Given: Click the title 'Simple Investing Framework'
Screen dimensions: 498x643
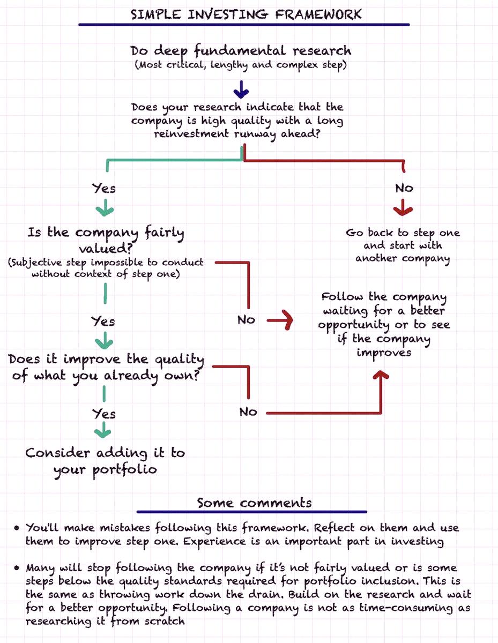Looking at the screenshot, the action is pyautogui.click(x=246, y=14).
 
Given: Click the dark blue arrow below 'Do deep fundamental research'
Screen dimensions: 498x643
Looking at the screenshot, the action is pyautogui.click(x=241, y=89).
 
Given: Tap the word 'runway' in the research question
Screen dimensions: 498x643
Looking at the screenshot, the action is pyautogui.click(x=255, y=134).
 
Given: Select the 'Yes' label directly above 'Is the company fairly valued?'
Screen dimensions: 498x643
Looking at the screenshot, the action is pyautogui.click(x=103, y=188).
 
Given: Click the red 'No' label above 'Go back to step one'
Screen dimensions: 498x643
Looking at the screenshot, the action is pyautogui.click(x=404, y=188).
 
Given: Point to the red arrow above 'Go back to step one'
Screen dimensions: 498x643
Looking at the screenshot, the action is pyautogui.click(x=403, y=207).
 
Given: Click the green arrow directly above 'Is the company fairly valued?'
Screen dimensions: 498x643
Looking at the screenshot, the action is pyautogui.click(x=105, y=208).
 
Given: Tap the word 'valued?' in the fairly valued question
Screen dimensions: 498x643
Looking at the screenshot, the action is pyautogui.click(x=106, y=249).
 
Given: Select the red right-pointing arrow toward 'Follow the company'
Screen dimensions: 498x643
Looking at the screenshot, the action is pyautogui.click(x=280, y=320).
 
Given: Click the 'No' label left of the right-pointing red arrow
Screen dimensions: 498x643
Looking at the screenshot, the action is pyautogui.click(x=246, y=320).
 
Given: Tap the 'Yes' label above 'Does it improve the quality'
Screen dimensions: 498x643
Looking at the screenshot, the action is pyautogui.click(x=103, y=322).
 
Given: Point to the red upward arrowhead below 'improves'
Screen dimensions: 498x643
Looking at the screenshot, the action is pyautogui.click(x=381, y=375).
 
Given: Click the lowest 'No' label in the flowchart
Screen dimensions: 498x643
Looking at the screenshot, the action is pyautogui.click(x=248, y=412).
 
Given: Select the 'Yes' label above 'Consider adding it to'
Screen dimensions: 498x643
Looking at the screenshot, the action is pyautogui.click(x=103, y=414).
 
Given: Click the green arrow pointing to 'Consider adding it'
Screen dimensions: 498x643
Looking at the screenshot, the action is pyautogui.click(x=103, y=430).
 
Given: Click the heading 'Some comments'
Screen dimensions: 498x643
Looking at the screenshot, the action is pyautogui.click(x=254, y=503).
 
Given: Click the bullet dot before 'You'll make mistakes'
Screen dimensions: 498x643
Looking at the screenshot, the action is pyautogui.click(x=17, y=528).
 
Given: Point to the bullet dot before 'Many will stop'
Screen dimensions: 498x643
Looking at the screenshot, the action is pyautogui.click(x=17, y=568).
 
